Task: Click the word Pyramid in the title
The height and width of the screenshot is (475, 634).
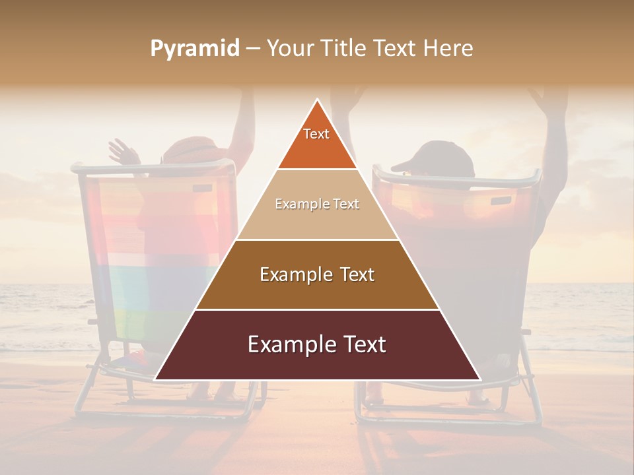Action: [x=194, y=49]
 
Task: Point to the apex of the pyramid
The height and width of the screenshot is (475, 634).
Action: [x=317, y=100]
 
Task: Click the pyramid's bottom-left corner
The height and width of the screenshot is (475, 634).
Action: [x=155, y=379]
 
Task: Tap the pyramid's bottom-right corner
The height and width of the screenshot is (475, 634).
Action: [x=479, y=379]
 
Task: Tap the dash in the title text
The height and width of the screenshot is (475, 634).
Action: [x=253, y=49]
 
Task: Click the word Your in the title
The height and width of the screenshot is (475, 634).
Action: [x=289, y=48]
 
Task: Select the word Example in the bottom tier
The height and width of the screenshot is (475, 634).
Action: [x=288, y=344]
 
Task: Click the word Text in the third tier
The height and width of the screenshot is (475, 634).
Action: [x=355, y=274]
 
